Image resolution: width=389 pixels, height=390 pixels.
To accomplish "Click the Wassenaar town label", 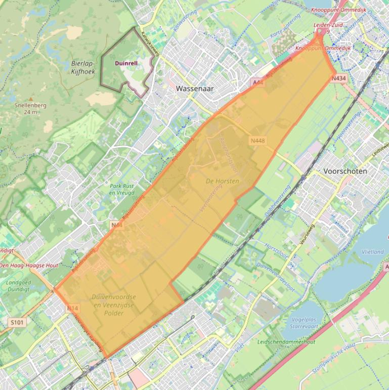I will tap(195, 88).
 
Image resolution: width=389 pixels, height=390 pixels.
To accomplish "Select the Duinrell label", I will tap(126, 63).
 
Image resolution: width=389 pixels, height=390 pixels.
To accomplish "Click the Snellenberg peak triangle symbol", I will tap(31, 99).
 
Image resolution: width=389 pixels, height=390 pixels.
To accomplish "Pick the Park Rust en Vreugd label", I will tap(122, 189).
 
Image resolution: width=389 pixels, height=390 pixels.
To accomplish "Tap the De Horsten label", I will tap(222, 181).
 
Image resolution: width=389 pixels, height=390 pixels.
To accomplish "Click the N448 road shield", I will tap(257, 140).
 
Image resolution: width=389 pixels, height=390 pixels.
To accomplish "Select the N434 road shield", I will tap(339, 79).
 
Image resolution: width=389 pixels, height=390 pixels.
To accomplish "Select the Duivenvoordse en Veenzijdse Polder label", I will tap(114, 304).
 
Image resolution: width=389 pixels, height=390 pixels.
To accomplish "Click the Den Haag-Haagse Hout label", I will tap(29, 265).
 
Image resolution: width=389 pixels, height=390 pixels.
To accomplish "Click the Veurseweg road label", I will tap(307, 235).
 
